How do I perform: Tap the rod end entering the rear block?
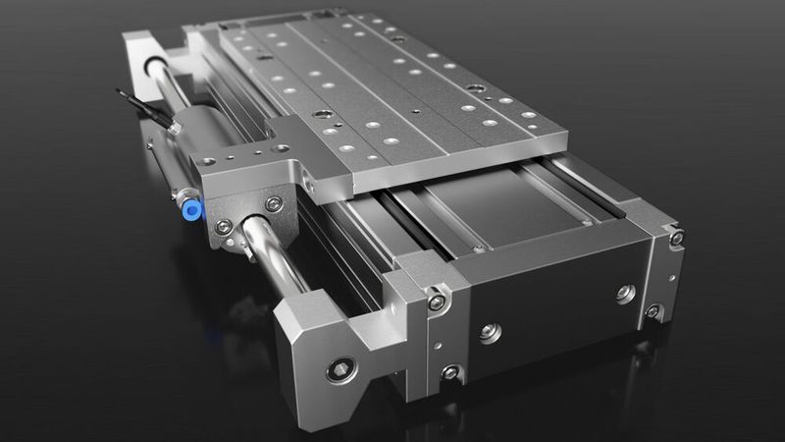click(157, 67)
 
